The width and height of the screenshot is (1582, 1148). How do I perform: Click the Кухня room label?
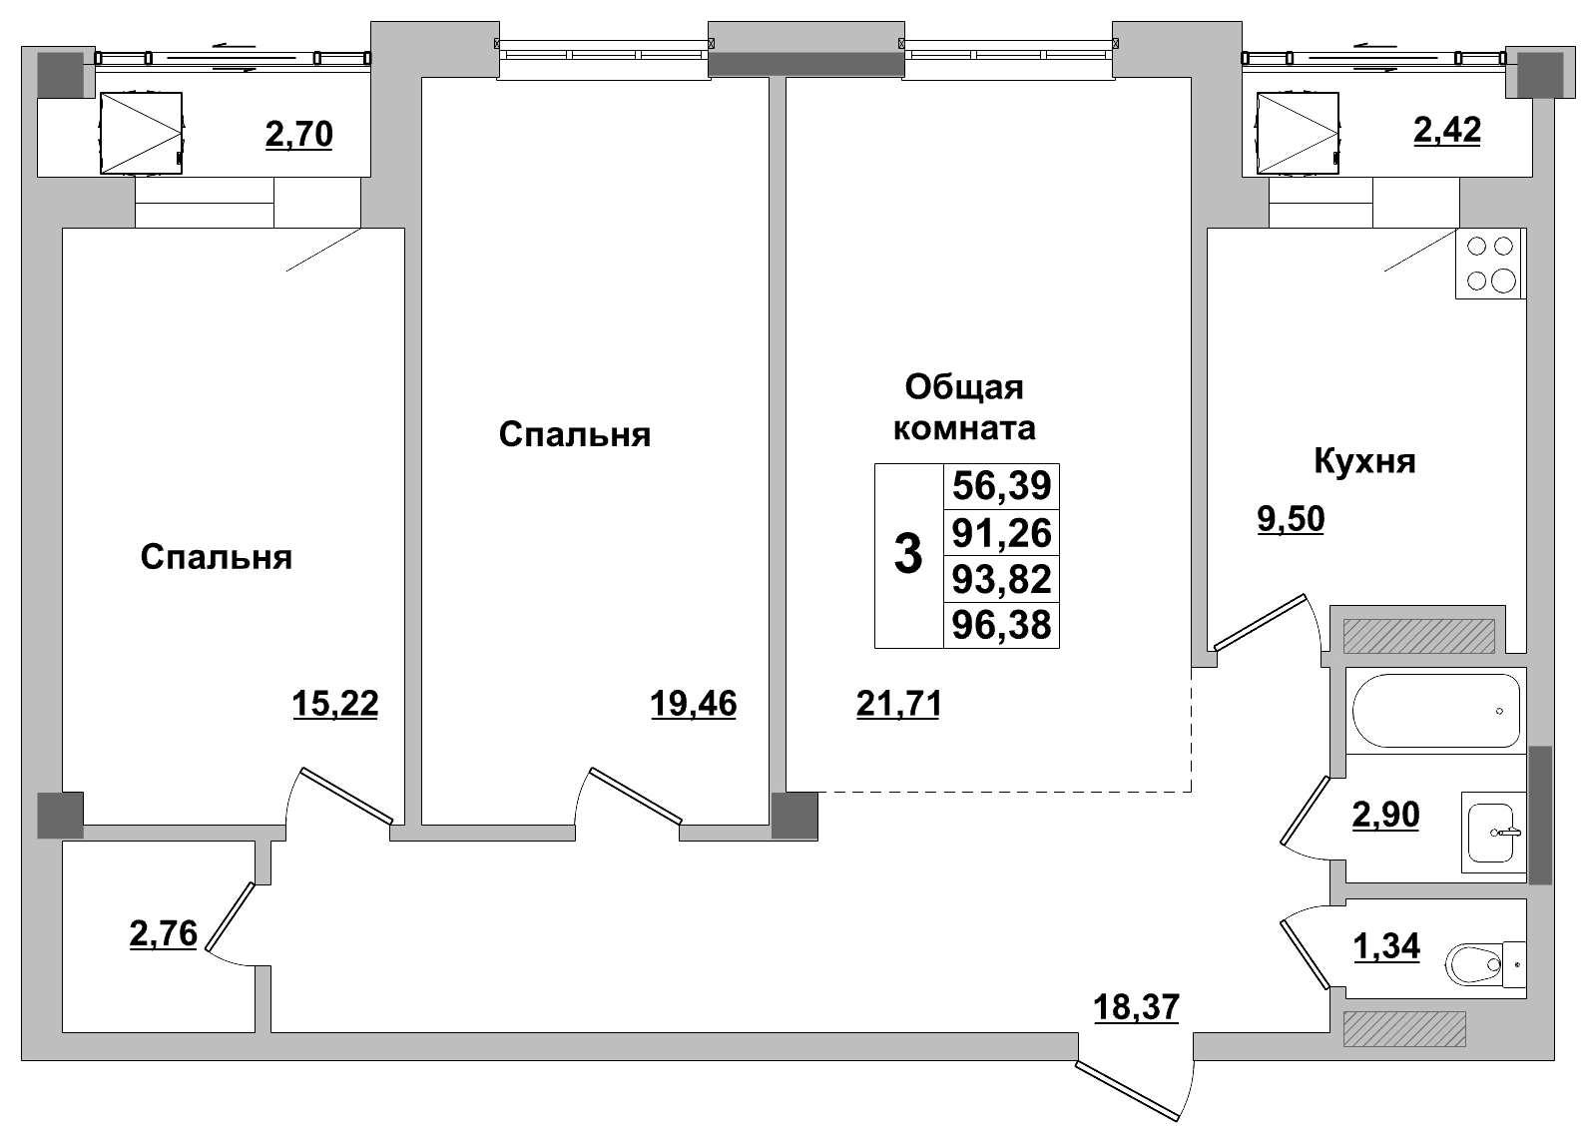tap(1364, 462)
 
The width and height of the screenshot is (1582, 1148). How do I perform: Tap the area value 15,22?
tap(335, 705)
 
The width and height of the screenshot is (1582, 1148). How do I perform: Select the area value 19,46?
tap(693, 705)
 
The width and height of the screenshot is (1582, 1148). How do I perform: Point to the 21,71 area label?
tap(898, 705)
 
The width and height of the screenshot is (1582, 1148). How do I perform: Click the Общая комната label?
tap(963, 407)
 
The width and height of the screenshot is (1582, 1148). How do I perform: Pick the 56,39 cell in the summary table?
tap(1001, 486)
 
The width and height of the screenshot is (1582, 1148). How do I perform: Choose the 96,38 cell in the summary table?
tap(1001, 626)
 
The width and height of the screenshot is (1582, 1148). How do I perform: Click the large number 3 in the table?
tap(907, 554)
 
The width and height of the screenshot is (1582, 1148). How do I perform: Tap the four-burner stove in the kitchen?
tap(1489, 264)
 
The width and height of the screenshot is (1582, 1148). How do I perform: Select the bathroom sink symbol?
tap(1494, 828)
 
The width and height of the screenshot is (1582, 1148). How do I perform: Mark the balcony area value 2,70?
tap(298, 133)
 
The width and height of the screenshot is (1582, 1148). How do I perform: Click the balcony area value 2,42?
tap(1446, 130)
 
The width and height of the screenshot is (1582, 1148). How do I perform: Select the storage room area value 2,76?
tap(163, 934)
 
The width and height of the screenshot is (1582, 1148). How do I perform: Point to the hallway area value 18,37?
tap(1136, 1007)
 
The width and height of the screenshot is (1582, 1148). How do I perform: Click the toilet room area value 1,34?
tap(1385, 944)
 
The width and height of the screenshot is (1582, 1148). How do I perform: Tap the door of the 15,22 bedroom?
tap(345, 796)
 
